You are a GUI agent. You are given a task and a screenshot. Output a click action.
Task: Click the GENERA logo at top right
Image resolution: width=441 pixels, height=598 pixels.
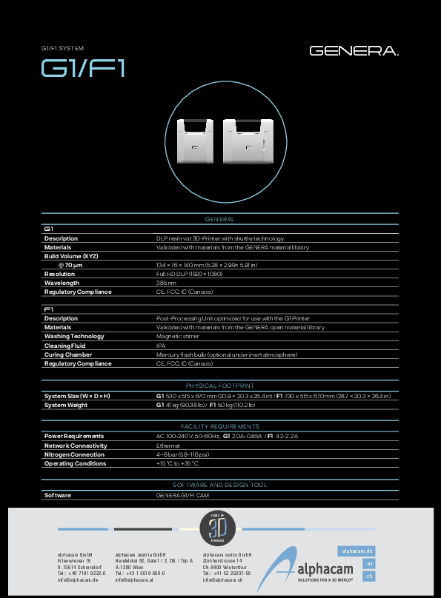pos(354,51)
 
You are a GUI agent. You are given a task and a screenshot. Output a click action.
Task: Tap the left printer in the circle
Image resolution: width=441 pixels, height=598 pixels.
pos(196,140)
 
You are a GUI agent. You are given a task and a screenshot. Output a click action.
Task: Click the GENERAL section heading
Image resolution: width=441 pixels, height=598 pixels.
pos(219,219)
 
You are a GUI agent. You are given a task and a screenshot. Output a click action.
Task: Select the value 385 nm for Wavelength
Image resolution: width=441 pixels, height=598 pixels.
pos(166,283)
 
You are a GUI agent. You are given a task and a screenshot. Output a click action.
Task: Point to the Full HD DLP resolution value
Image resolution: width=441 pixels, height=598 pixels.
pos(189,274)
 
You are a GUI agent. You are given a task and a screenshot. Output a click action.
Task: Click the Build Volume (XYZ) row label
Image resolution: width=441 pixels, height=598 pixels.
pos(71,256)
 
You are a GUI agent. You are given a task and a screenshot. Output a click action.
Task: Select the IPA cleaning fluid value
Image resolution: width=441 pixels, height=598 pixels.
pos(161,346)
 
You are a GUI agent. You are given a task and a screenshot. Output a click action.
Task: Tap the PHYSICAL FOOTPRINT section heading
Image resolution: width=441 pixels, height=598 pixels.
pos(219,386)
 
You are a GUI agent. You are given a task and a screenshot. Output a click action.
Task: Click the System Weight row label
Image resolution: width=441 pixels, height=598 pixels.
pos(66,405)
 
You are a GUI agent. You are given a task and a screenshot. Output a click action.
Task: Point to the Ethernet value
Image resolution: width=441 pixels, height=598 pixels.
pos(168,446)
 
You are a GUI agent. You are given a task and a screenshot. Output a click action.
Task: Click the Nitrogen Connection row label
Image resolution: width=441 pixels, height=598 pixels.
pos(74,454)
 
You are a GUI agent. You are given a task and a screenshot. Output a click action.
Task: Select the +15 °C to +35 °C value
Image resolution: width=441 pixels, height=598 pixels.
pos(177,463)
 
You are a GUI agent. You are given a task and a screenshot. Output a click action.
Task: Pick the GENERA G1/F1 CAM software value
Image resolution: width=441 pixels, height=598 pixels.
pos(184,495)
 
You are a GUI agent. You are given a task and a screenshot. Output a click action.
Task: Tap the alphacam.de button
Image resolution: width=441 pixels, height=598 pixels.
pos(357,551)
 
